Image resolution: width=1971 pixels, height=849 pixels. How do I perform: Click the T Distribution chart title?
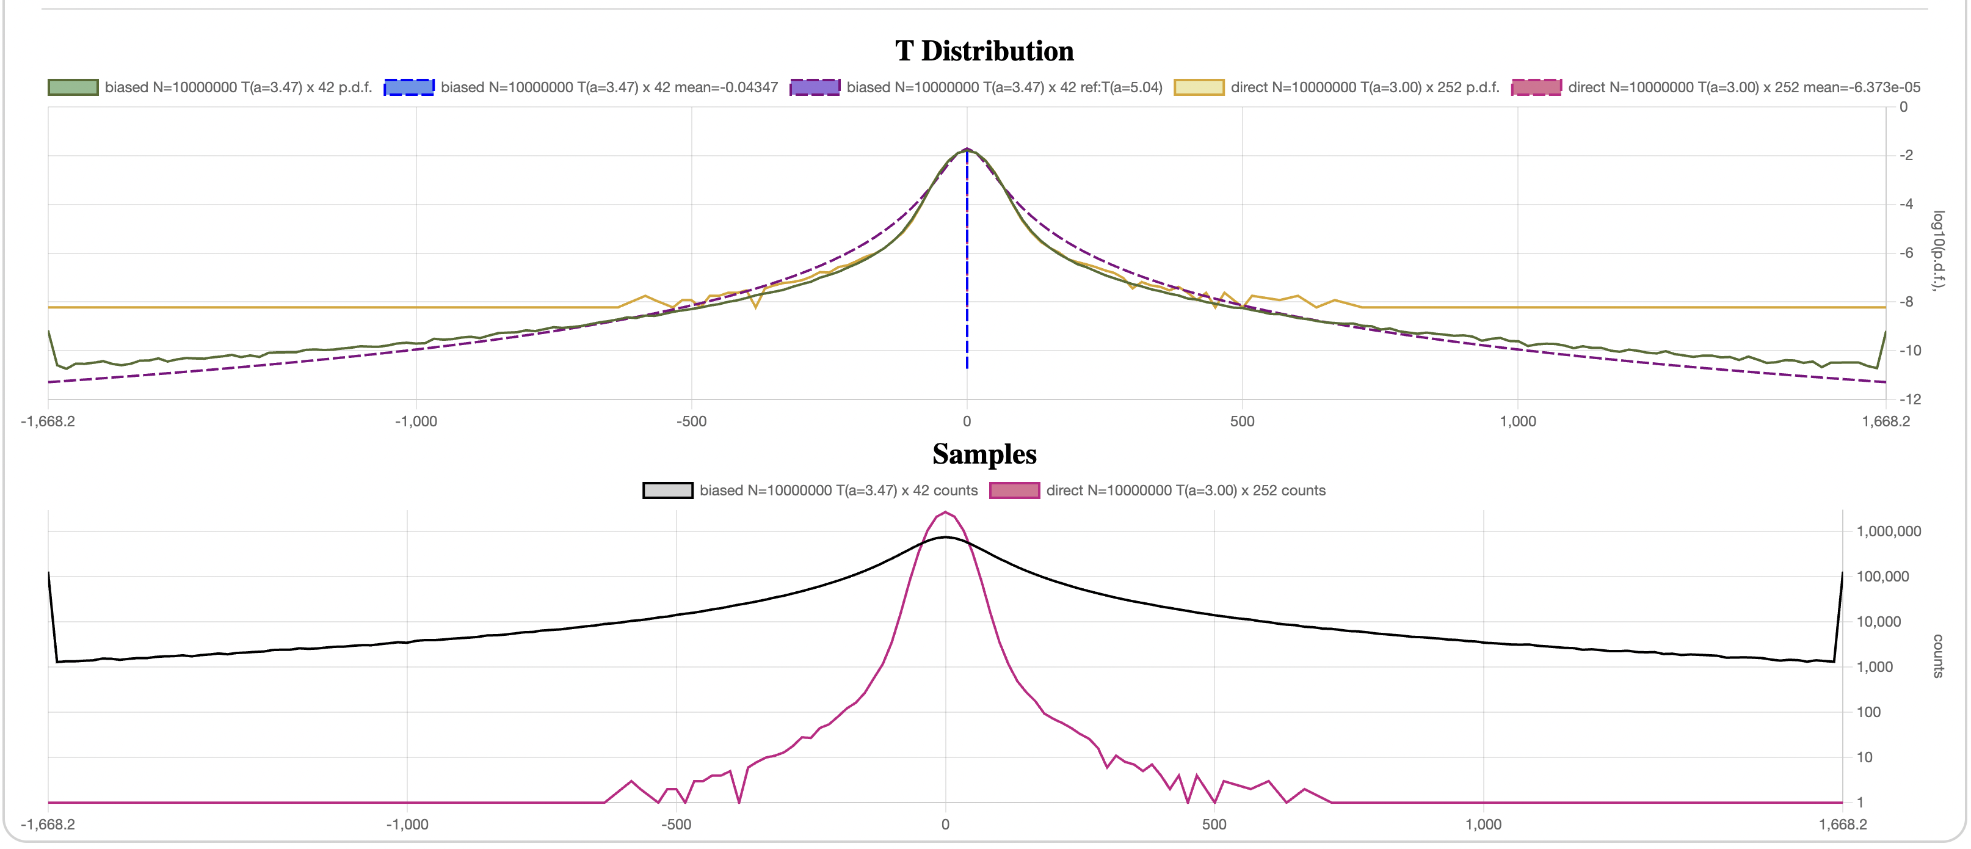984,51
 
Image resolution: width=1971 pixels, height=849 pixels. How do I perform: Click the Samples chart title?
984,454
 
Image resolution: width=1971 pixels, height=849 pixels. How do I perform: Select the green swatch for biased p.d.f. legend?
73,87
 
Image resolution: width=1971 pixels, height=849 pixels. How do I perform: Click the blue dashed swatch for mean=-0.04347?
408,87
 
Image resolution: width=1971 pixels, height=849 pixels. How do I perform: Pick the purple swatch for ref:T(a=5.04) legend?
815,87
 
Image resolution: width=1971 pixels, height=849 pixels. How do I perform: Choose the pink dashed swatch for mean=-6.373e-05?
1536,87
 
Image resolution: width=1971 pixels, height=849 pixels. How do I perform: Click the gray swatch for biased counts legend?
667,490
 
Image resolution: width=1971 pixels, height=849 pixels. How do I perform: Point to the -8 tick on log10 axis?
1905,302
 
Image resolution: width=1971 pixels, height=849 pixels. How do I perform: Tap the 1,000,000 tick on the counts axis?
1889,531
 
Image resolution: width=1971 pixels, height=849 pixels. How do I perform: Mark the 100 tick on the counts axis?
1868,712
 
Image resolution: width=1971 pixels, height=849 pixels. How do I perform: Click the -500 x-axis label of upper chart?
691,421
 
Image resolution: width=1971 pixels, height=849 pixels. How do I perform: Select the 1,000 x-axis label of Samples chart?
1483,825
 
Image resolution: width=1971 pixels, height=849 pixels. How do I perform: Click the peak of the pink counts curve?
945,512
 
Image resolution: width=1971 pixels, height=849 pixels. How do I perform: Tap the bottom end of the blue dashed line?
967,368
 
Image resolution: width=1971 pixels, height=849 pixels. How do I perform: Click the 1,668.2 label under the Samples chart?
1842,825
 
